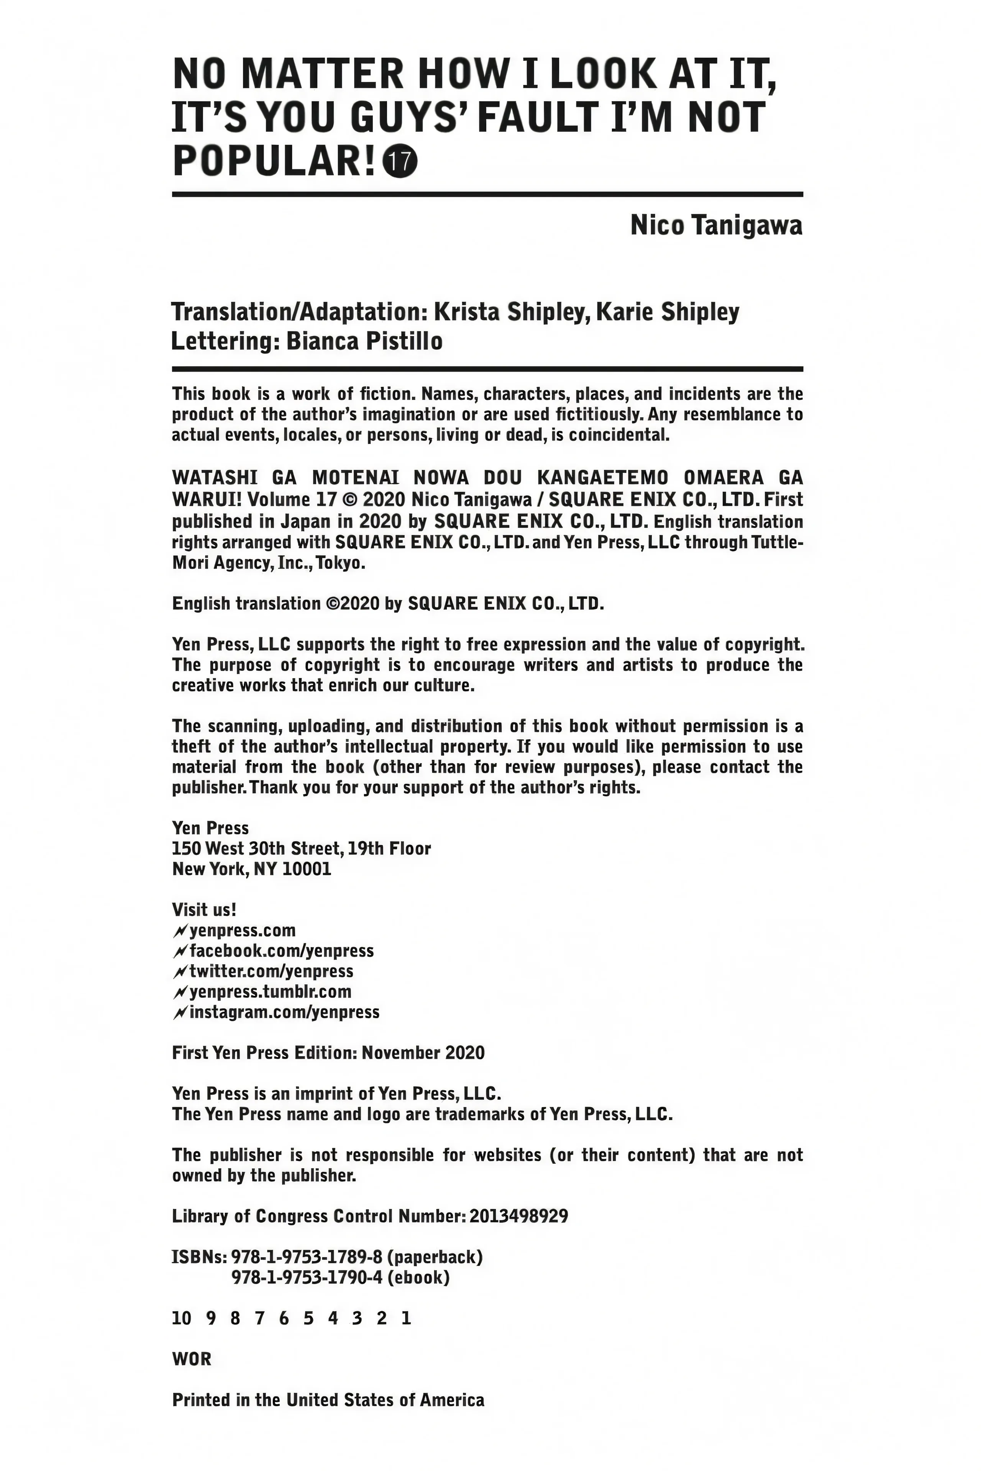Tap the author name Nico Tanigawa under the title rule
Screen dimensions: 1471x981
tap(716, 226)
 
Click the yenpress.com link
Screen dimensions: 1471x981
tap(242, 930)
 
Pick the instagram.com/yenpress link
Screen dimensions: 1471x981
tap(284, 1012)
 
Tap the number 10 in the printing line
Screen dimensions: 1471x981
tap(181, 1319)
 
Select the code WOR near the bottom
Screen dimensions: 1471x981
tap(192, 1359)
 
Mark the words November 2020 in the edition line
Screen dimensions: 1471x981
tap(423, 1053)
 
